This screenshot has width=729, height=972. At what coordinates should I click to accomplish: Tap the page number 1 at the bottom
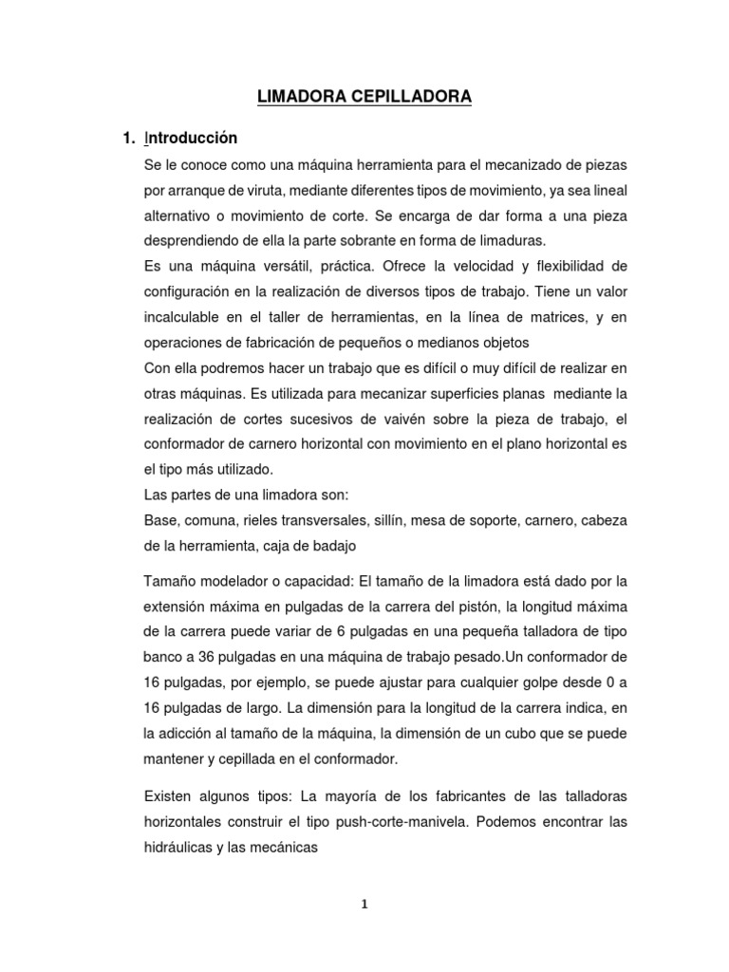[364, 905]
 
